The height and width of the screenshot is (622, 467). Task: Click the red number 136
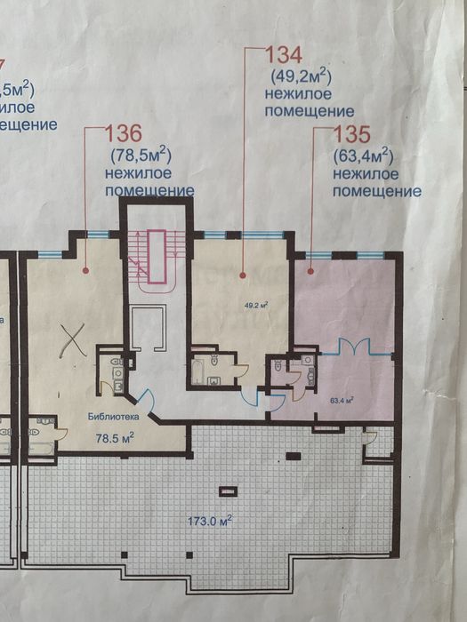[124, 135]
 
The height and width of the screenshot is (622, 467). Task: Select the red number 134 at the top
[286, 54]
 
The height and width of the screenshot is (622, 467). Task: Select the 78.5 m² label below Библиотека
[115, 437]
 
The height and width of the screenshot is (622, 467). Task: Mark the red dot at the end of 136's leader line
[85, 268]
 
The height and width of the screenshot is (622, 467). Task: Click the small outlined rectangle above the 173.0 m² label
[229, 490]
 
